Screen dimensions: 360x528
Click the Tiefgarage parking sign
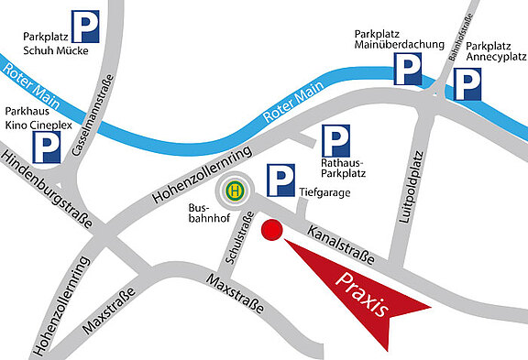280,180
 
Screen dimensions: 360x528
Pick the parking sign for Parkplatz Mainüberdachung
408,69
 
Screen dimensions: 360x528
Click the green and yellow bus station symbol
236,191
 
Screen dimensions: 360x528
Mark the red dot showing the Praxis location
270,230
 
